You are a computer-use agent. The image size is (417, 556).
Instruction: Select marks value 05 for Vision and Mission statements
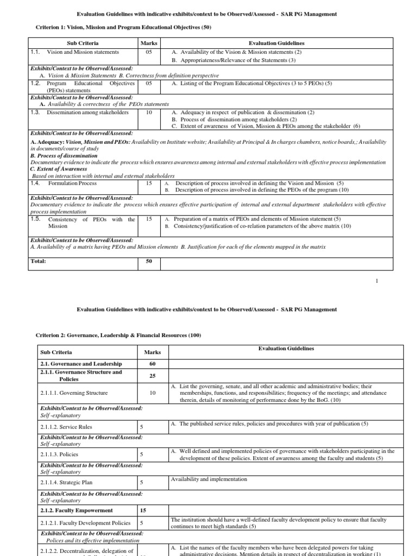(x=148, y=52)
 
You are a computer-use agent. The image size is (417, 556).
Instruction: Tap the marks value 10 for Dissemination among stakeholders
(x=148, y=112)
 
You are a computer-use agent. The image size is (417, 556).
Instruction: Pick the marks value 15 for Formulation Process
(x=148, y=184)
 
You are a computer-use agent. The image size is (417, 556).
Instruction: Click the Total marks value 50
(x=148, y=261)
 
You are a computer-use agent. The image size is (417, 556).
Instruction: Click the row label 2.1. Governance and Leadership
(x=81, y=363)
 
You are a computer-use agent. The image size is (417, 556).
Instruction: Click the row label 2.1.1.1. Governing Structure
(x=74, y=393)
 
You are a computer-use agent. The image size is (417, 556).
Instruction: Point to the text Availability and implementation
(x=208, y=479)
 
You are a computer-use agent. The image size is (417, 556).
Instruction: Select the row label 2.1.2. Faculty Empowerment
(x=77, y=510)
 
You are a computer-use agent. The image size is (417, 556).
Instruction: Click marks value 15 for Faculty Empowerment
(x=143, y=510)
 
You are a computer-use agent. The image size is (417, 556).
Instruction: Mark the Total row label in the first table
(x=38, y=261)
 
